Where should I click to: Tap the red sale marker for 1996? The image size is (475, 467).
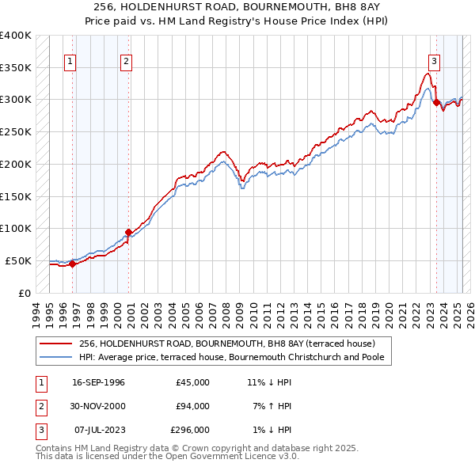[72, 264]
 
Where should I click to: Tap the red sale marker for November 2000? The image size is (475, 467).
[128, 232]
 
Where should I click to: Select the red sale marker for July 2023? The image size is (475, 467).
[436, 101]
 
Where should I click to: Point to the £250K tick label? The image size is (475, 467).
[16, 132]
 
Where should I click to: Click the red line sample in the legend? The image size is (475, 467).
[56, 344]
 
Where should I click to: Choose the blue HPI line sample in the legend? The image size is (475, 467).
[56, 357]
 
